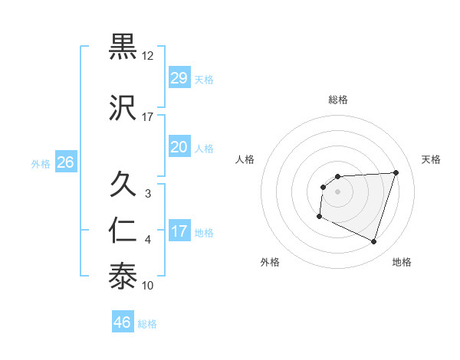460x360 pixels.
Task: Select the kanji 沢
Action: pos(123,106)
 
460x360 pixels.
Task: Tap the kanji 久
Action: pos(123,185)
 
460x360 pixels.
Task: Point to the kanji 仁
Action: pos(123,231)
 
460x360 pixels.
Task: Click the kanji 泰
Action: pos(123,275)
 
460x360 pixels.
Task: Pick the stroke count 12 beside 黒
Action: pos(148,56)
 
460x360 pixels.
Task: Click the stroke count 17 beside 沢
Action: pos(148,116)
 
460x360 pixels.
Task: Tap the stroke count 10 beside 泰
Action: pos(148,286)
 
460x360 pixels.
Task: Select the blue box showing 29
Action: pos(179,78)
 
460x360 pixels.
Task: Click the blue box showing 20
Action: pos(179,146)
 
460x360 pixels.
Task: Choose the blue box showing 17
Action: pos(179,231)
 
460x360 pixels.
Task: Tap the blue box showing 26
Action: pos(65,162)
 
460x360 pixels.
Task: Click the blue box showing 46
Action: pos(123,322)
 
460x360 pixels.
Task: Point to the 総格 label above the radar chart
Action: pos(338,100)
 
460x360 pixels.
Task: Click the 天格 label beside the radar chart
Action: pos(432,159)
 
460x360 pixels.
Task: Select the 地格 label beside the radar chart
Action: pos(402,262)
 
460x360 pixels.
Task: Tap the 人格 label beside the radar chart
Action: pos(245,159)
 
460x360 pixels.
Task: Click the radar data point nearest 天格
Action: pos(396,172)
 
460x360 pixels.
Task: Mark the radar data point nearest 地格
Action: pos(373,242)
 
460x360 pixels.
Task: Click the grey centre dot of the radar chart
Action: pos(338,191)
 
